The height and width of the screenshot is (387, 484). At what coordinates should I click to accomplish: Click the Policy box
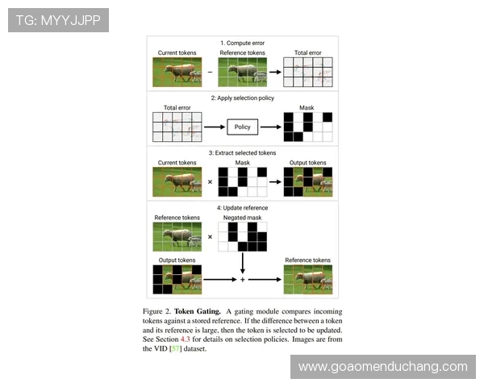click(242, 127)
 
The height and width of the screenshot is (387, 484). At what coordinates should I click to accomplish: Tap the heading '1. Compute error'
click(242, 43)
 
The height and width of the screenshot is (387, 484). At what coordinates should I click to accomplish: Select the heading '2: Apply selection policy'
click(242, 98)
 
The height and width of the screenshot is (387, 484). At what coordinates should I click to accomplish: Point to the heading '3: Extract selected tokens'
click(242, 152)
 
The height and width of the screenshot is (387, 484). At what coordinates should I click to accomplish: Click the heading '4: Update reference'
click(242, 208)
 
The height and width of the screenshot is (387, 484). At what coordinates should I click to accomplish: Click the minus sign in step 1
click(210, 72)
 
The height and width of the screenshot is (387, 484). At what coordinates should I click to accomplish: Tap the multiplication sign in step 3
click(210, 181)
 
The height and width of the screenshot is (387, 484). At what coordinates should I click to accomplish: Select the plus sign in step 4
click(242, 280)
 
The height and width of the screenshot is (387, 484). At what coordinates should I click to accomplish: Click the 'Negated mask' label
click(242, 218)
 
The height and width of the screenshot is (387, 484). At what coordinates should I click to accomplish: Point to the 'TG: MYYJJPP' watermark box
click(58, 20)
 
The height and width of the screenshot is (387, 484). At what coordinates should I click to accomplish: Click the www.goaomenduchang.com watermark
click(382, 367)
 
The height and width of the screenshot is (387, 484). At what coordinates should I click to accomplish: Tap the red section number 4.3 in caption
click(186, 339)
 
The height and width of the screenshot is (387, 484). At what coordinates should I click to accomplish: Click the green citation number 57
click(175, 348)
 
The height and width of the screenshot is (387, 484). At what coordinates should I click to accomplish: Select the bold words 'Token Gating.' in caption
click(198, 311)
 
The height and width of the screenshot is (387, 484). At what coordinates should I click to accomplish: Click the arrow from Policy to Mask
click(271, 127)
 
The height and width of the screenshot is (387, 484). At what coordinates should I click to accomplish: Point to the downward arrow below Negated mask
click(242, 264)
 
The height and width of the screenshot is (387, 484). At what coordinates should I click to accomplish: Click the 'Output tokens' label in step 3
click(308, 163)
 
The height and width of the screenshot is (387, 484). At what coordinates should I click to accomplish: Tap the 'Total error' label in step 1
click(308, 52)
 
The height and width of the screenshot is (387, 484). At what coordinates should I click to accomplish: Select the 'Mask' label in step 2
click(307, 108)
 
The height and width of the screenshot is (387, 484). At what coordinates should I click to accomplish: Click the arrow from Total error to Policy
click(215, 127)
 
